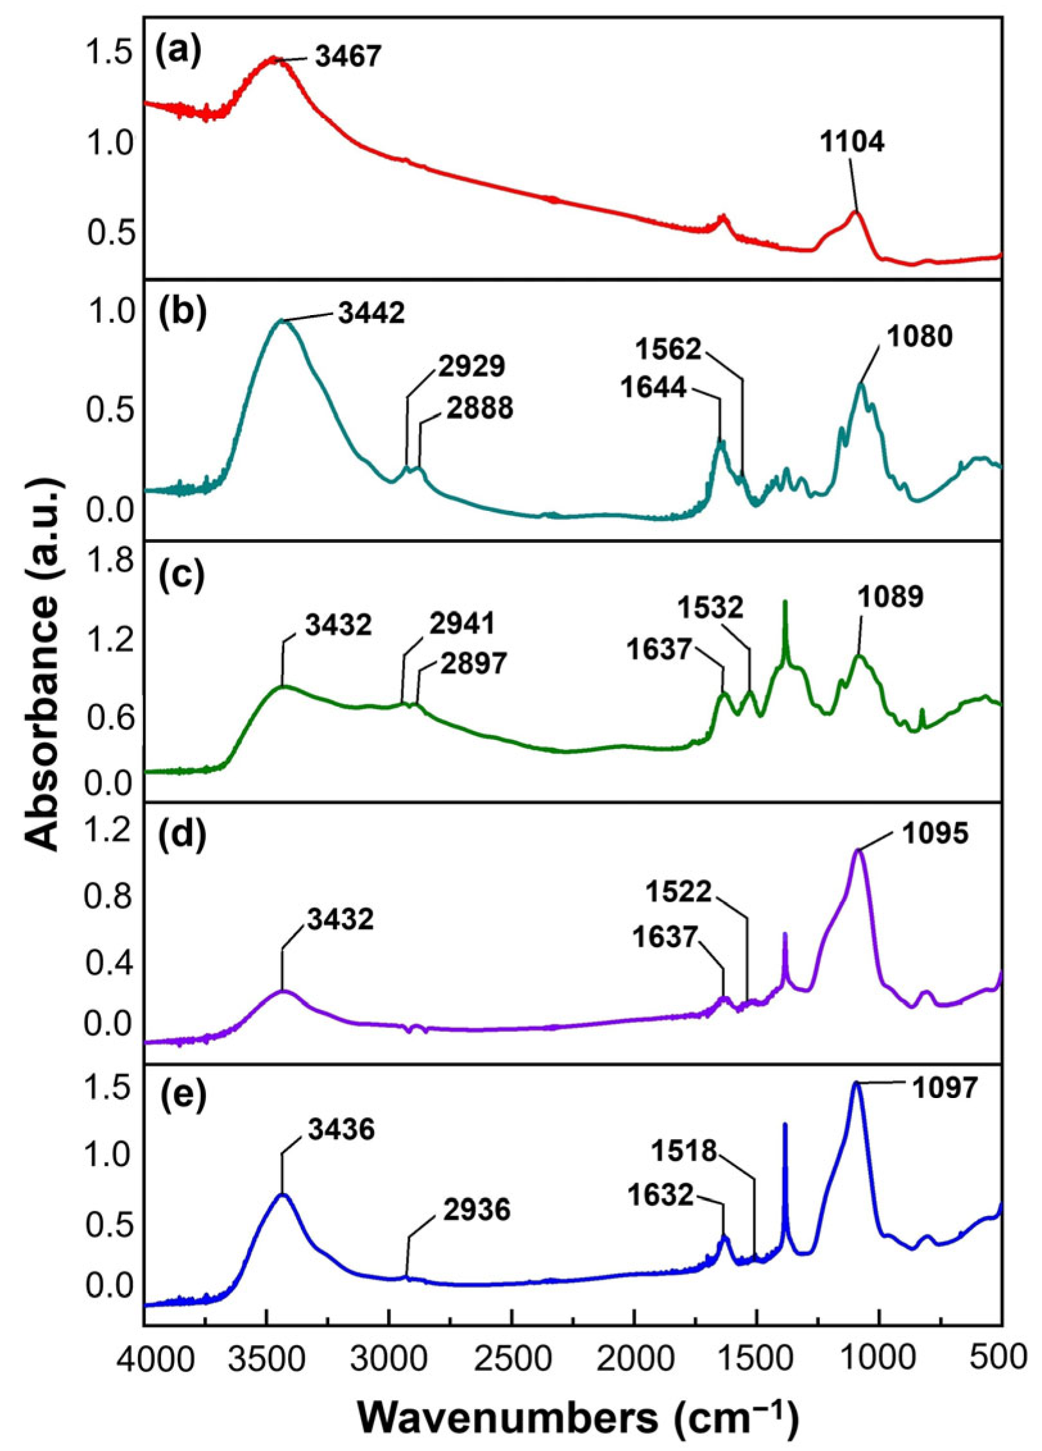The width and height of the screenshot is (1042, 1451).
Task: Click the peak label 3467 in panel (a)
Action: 348,56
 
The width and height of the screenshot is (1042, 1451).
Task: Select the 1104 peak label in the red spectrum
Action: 852,142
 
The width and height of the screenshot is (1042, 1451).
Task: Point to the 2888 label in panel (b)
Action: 480,408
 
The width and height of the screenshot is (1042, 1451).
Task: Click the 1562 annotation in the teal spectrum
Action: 669,350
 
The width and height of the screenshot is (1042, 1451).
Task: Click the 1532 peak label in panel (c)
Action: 711,606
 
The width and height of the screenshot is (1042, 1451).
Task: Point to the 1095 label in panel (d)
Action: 935,834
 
